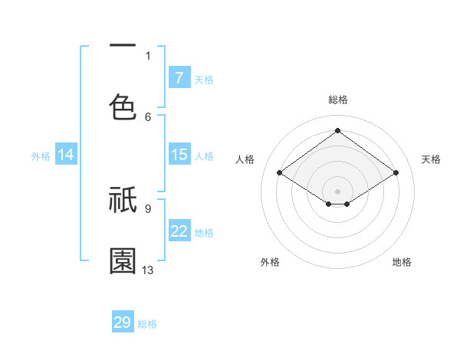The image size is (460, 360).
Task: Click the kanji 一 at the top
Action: [x=123, y=46]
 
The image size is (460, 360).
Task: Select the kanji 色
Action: [x=123, y=106]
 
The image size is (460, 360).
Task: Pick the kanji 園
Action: [x=123, y=261]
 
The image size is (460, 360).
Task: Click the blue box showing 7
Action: [x=179, y=78]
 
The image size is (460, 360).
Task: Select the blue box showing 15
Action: [x=179, y=155]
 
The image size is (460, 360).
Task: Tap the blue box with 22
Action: [x=179, y=232]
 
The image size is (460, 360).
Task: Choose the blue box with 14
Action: [x=66, y=155]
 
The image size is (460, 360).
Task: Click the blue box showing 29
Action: [x=123, y=322]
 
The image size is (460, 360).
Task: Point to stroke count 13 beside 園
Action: [x=148, y=270]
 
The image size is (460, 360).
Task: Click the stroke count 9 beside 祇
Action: [x=147, y=208]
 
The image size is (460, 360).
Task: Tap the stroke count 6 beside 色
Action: [x=148, y=116]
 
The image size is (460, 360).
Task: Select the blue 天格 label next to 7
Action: [x=204, y=79]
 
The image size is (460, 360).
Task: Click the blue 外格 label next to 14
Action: [x=41, y=156]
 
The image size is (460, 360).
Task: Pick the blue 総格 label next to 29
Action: [x=147, y=324]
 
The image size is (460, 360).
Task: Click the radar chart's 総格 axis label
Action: [x=337, y=100]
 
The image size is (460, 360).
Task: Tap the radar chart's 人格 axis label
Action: [x=245, y=159]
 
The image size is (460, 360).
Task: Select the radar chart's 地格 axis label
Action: [x=402, y=262]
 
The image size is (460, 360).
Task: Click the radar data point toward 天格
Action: [x=396, y=173]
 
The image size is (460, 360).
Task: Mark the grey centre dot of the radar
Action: [x=337, y=191]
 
